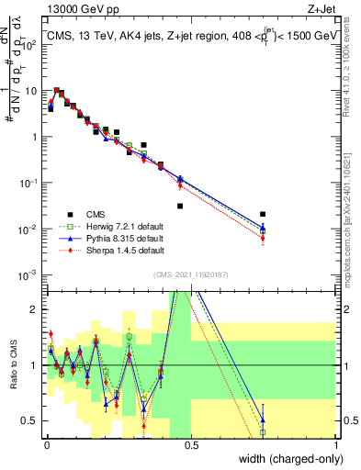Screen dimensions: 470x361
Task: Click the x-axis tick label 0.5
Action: point(191,444)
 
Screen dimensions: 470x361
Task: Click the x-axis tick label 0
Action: point(46,444)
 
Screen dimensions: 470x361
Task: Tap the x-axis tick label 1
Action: point(335,444)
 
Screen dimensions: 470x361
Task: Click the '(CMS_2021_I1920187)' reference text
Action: point(190,273)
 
